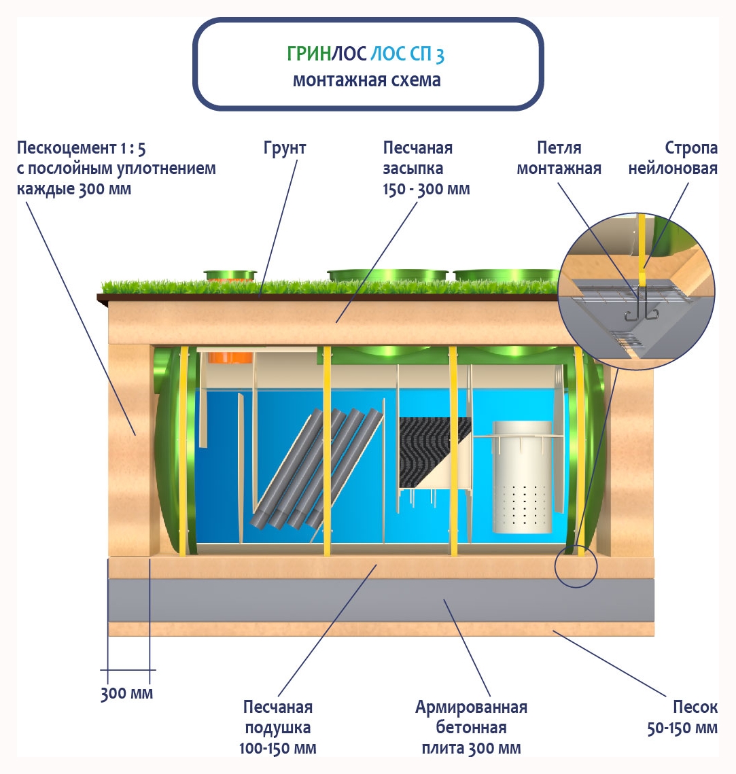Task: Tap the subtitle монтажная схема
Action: tap(367, 80)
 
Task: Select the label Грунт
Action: tap(285, 148)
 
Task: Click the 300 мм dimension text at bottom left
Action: tap(127, 694)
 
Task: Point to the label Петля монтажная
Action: tap(559, 158)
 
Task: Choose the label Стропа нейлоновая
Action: tap(673, 158)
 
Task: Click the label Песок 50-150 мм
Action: tap(682, 718)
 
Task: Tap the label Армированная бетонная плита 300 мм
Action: tap(471, 728)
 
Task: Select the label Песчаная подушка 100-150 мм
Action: tap(278, 728)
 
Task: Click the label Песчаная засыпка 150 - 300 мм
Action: tap(426, 169)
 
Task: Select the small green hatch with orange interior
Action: tap(231, 275)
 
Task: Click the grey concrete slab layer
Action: tap(381, 599)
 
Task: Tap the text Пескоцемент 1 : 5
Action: tap(82, 148)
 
